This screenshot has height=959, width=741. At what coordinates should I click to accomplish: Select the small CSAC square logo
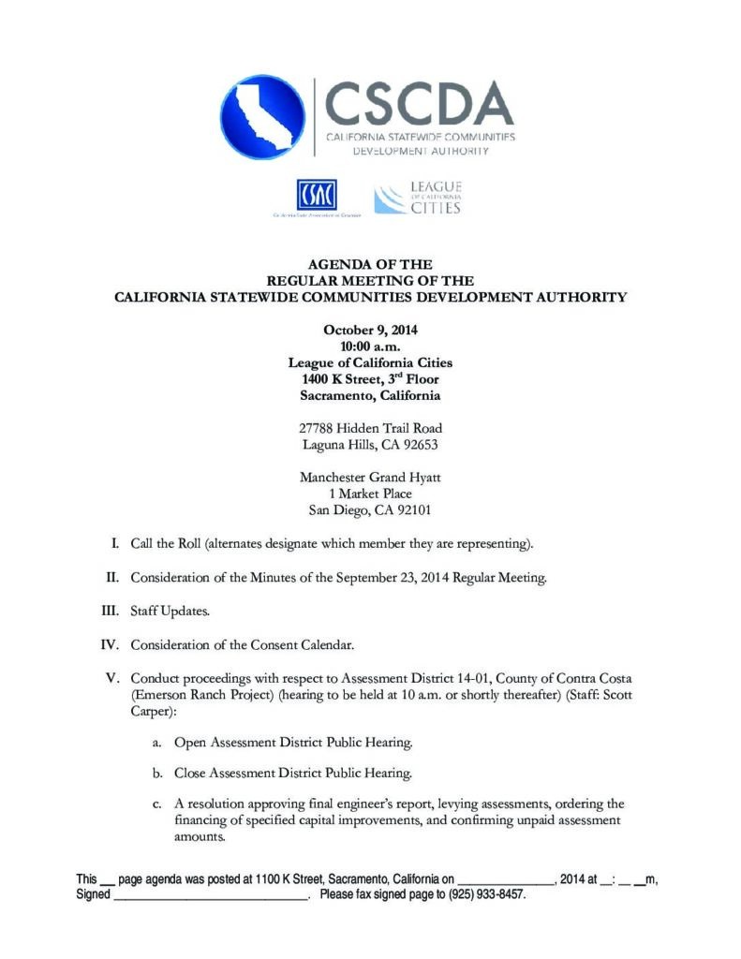point(316,195)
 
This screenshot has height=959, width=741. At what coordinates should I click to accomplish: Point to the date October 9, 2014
point(370,331)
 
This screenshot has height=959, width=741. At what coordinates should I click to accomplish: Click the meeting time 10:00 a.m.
point(370,347)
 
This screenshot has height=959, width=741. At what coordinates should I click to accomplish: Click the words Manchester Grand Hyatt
point(370,478)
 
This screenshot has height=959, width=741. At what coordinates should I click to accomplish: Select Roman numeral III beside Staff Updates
point(113,611)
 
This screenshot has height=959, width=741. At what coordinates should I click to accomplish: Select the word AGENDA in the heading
point(333,265)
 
